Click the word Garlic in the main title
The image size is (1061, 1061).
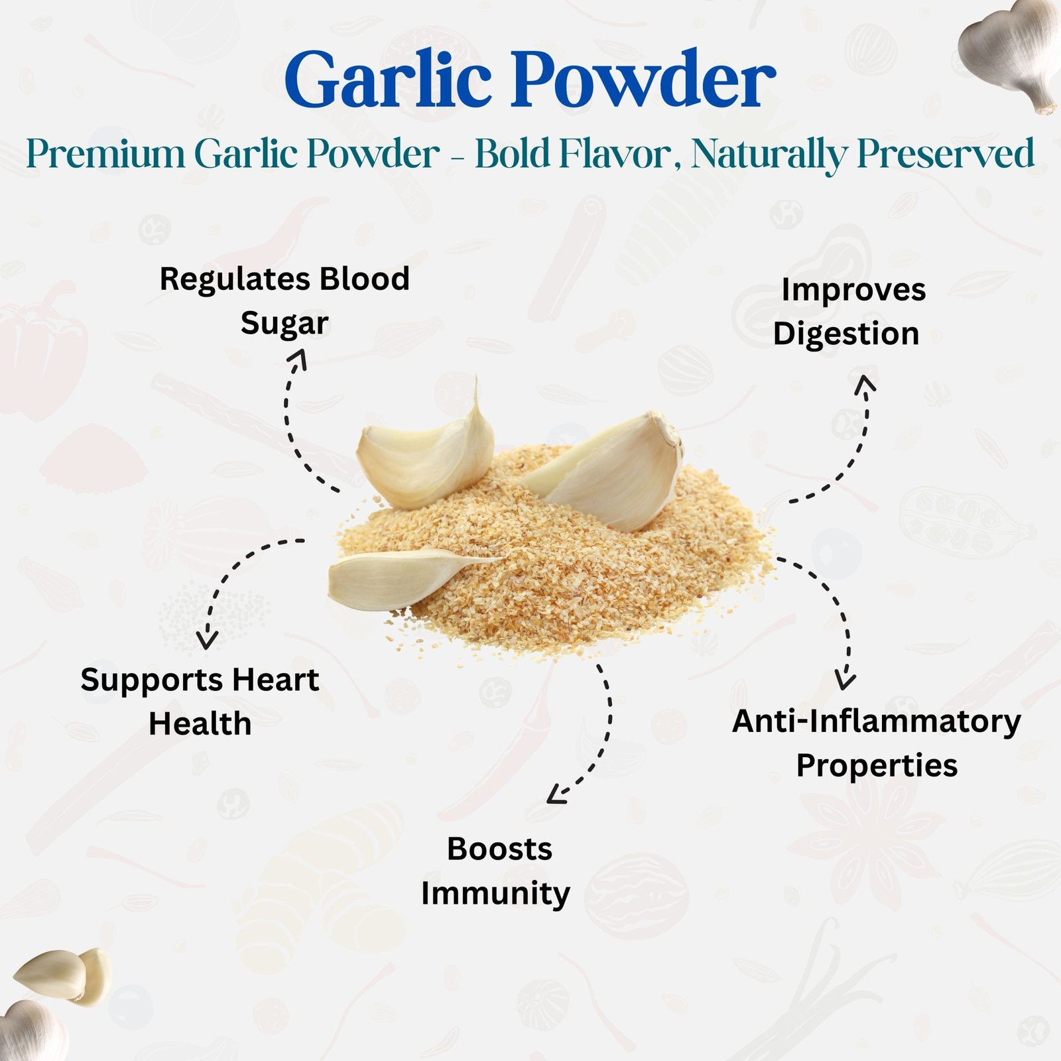click(x=387, y=80)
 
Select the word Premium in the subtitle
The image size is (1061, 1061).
click(x=106, y=154)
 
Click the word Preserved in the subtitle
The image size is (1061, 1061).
click(x=946, y=154)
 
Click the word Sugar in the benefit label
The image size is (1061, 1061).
click(x=284, y=324)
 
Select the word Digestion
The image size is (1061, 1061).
click(x=846, y=334)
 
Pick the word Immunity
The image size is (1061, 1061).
click(x=495, y=894)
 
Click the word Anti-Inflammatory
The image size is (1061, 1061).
click(x=877, y=722)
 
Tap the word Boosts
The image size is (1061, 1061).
click(x=499, y=849)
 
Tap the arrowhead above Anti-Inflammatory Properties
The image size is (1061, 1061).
click(x=845, y=680)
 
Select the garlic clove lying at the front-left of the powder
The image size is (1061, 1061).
click(x=411, y=577)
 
